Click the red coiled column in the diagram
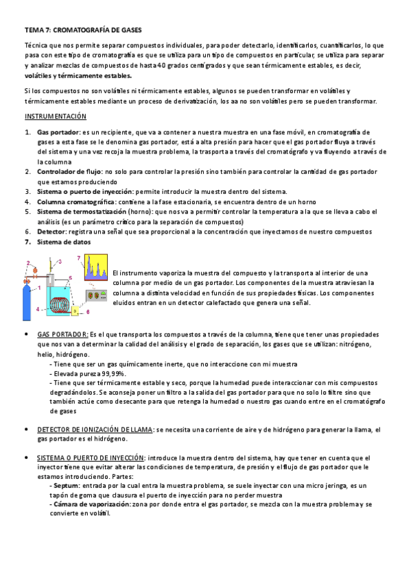point(65,301)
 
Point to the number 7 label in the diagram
point(79,258)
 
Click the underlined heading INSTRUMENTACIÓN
point(55,116)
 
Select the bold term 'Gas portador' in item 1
point(58,132)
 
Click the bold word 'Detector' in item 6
point(52,232)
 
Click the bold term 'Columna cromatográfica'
point(75,202)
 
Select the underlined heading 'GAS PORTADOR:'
point(62,334)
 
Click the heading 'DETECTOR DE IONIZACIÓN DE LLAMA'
point(95,430)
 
